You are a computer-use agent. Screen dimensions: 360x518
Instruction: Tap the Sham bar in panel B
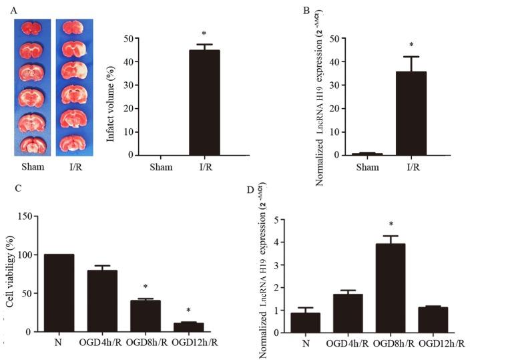tap(367, 154)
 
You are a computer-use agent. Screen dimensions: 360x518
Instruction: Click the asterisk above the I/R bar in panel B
tap(411, 47)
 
